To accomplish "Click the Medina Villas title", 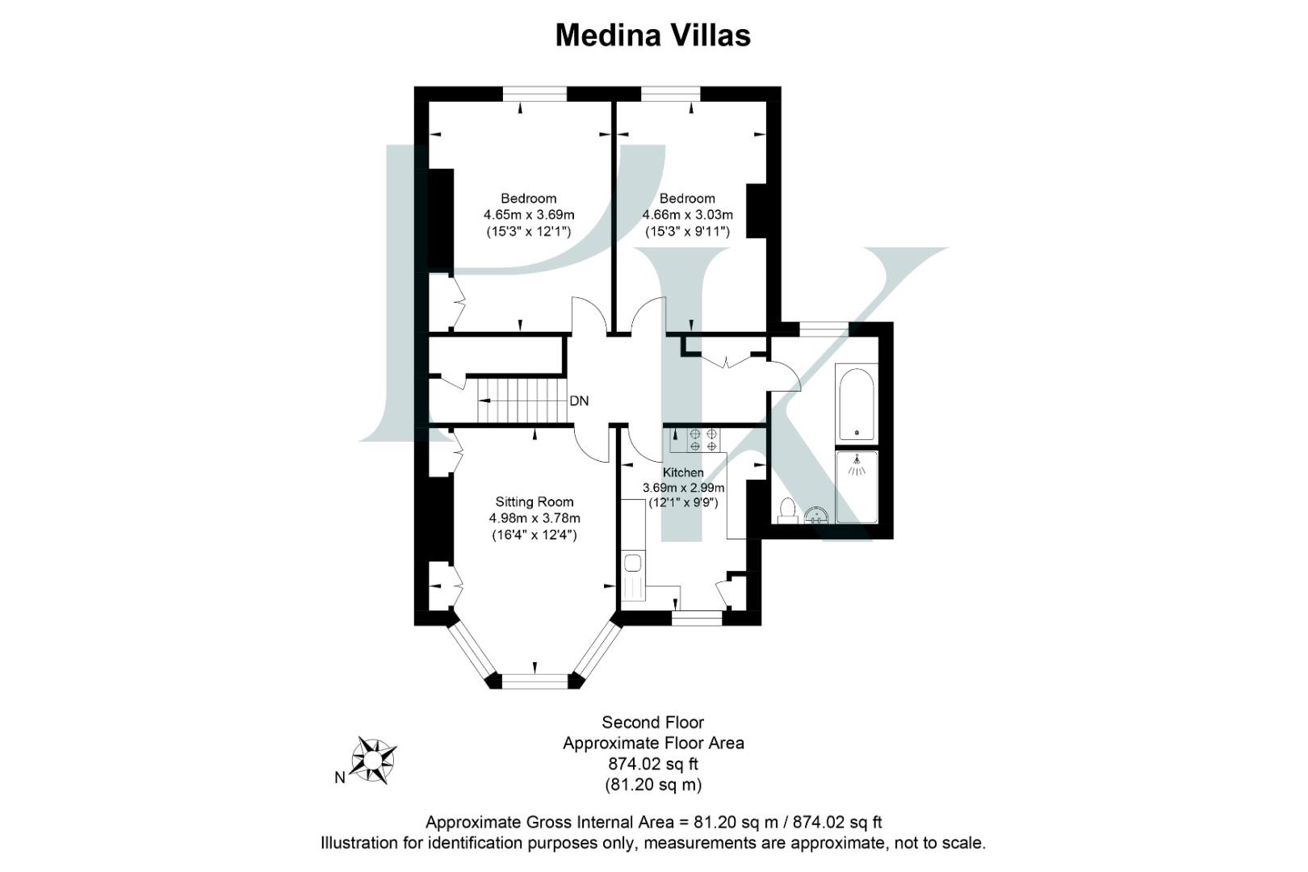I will tap(652, 35).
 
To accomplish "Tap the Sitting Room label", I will tap(534, 501).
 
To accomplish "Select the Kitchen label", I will tap(683, 472).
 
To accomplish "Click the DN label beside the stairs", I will tap(579, 401).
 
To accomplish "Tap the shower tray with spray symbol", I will tap(856, 486).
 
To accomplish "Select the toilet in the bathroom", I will tap(786, 510).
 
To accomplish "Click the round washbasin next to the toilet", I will tap(816, 514).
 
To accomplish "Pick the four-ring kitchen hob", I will tap(702, 439).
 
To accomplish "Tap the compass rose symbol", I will tap(373, 759).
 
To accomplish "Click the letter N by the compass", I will tap(340, 778).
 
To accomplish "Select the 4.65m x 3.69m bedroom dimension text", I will tap(529, 215).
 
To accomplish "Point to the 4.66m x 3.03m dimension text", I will tap(687, 215).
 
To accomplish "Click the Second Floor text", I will tap(652, 723).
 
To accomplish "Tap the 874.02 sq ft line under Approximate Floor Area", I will tap(652, 764).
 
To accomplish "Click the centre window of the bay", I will tap(535, 681).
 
